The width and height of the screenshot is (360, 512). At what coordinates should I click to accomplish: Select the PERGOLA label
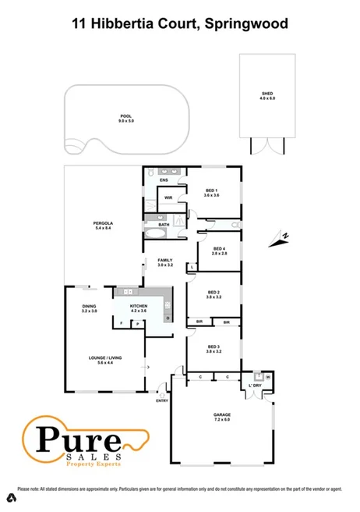[104, 226]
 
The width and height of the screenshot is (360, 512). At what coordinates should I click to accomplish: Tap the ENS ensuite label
[164, 181]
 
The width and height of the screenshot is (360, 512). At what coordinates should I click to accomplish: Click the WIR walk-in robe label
[168, 197]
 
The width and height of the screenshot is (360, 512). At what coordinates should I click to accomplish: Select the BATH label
[164, 225]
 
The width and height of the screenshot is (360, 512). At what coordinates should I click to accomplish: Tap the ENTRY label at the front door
[162, 400]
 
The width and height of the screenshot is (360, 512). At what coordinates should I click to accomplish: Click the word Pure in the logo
[71, 436]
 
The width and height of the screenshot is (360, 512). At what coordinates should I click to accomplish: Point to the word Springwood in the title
[247, 24]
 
